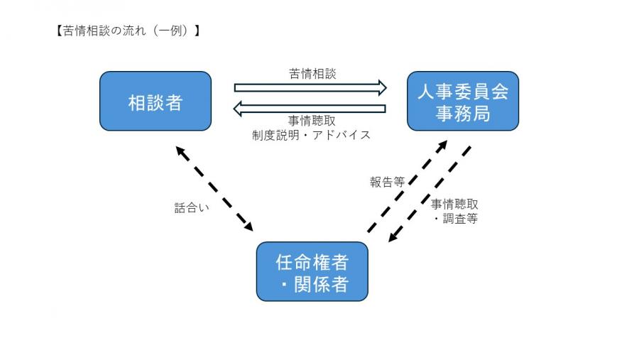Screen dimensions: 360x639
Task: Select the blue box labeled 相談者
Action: [x=155, y=102]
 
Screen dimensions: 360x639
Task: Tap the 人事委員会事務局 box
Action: [x=462, y=102]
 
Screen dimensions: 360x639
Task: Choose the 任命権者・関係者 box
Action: [x=312, y=272]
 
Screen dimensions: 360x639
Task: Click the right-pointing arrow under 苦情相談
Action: [x=310, y=88]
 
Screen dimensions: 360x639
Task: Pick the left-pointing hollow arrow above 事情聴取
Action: [x=310, y=109]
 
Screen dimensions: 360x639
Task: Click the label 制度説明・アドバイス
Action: [x=311, y=135]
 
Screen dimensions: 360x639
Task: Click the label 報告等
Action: [x=387, y=182]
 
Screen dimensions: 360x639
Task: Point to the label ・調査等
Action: [x=455, y=219]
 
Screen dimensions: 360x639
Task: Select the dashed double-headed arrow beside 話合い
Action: [x=214, y=188]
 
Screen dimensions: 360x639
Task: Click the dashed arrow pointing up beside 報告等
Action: [x=408, y=186]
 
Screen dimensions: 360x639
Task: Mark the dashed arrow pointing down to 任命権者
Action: [x=430, y=194]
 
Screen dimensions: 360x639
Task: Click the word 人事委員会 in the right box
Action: [x=462, y=92]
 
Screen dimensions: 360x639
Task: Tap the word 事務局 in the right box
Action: [x=462, y=113]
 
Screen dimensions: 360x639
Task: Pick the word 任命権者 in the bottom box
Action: [x=312, y=261]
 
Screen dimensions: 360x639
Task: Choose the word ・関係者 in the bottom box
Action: [x=312, y=284]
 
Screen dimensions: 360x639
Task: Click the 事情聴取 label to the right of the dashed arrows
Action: [x=454, y=204]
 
